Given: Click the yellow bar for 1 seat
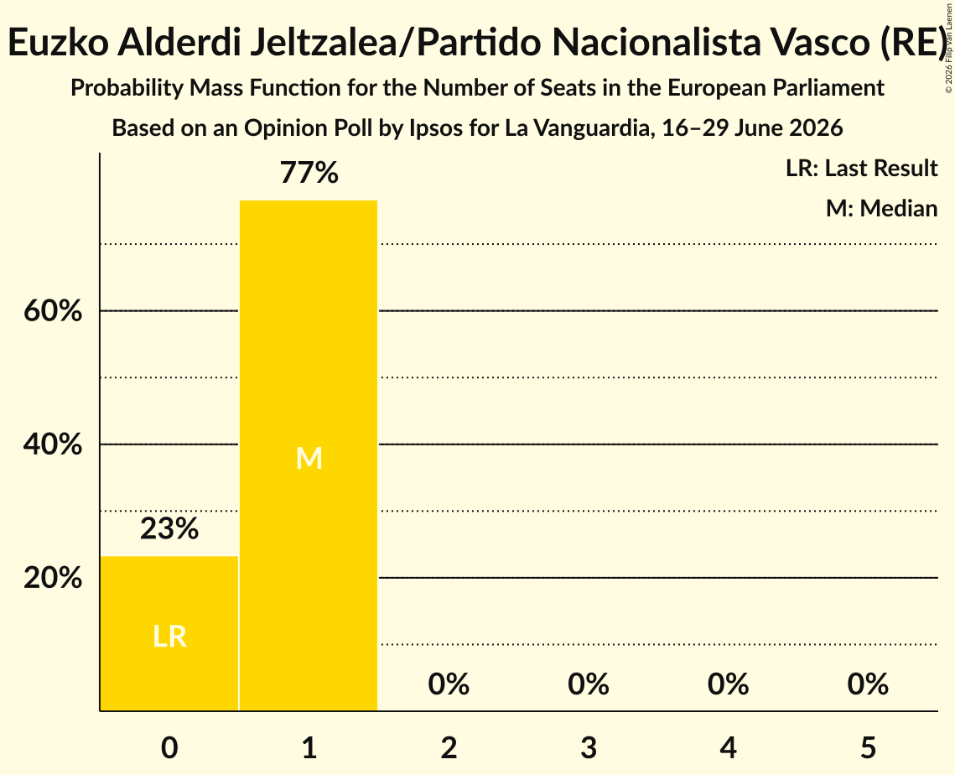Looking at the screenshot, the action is [x=309, y=455].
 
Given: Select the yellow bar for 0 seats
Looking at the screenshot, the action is [x=169, y=633].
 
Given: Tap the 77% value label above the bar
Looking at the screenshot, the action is [x=309, y=173].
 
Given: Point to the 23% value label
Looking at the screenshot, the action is [x=169, y=528].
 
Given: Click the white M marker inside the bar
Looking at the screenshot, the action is [x=309, y=458].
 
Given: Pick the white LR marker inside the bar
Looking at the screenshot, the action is [x=169, y=637].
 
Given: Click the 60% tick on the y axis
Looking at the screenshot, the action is [x=53, y=311].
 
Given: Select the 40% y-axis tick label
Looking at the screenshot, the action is [x=53, y=445].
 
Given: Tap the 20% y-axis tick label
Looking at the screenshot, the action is [x=53, y=578].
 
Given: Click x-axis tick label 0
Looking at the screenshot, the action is [x=169, y=747].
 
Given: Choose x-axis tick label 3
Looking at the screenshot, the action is [x=589, y=747].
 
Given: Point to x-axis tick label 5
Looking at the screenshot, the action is [x=868, y=747].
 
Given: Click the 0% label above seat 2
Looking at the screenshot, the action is [x=449, y=684].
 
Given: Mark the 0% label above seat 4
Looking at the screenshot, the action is [x=729, y=684].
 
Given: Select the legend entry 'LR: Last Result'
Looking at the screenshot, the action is [x=861, y=168].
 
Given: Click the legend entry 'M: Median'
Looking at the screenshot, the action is [x=881, y=208].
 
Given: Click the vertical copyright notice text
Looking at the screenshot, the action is [x=949, y=49].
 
